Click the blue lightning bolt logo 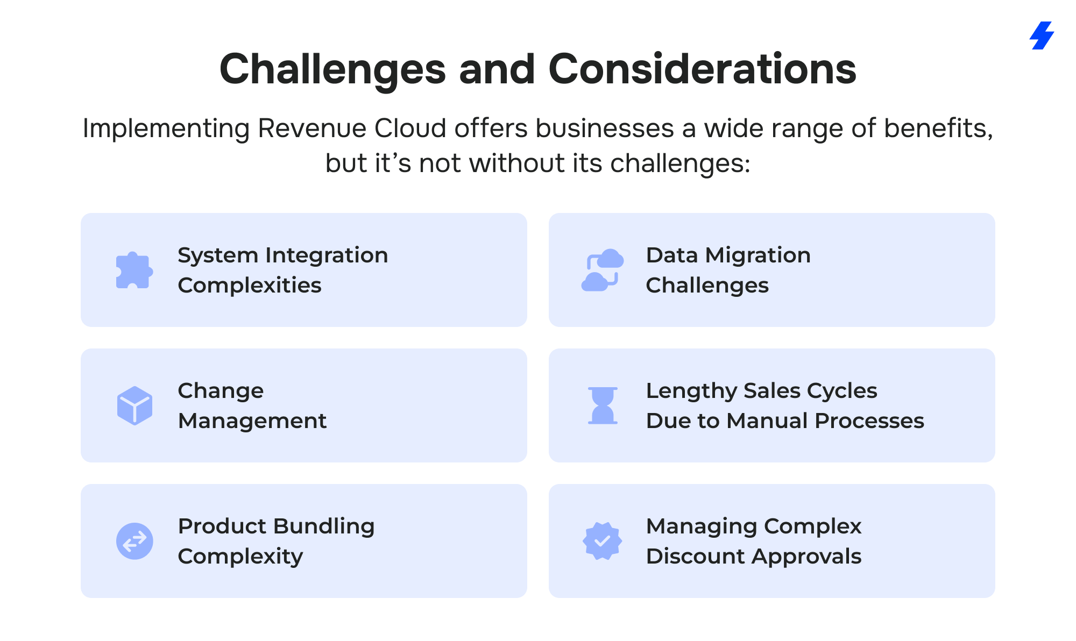coord(1042,35)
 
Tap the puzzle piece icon coord(134,270)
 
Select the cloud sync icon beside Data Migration coord(603,270)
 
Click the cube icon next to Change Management coord(134,405)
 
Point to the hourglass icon coord(603,405)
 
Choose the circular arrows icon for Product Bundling coord(134,541)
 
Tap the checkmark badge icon coord(603,541)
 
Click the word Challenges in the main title coord(332,70)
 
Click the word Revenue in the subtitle coord(313,129)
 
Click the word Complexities coord(250,286)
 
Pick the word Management coord(252,421)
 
